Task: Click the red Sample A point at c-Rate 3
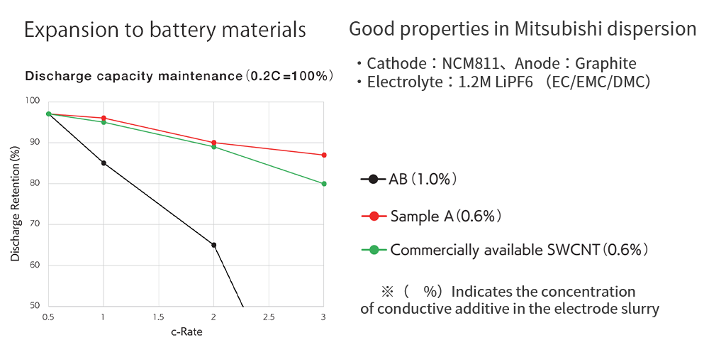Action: [x=324, y=155]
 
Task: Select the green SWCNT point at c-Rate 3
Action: [x=324, y=184]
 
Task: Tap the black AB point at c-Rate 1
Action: [x=104, y=163]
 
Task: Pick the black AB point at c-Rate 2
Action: [x=213, y=245]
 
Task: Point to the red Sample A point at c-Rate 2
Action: [x=213, y=143]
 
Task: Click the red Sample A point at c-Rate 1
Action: [x=104, y=118]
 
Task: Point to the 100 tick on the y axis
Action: [x=33, y=102]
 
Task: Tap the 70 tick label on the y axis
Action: [x=35, y=225]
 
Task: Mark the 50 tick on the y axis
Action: [x=35, y=307]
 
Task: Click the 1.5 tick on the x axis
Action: [x=158, y=317]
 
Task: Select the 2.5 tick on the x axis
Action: [x=269, y=317]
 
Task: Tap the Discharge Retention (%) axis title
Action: [x=16, y=204]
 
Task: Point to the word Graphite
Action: [x=606, y=63]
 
